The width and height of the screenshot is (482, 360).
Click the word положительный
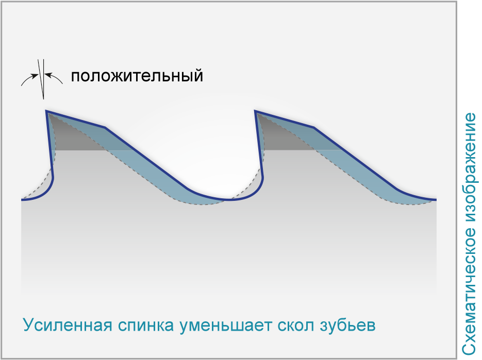click(137, 76)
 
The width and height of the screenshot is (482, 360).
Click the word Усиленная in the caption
click(68, 324)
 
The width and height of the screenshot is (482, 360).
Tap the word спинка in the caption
click(146, 325)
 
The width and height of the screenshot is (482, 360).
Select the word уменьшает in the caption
click(226, 325)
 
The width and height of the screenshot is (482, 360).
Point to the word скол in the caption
click(296, 325)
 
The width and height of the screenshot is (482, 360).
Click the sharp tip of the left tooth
click(46, 111)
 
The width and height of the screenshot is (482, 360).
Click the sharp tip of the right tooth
click(255, 111)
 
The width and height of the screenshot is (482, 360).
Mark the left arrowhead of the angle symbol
click(36, 75)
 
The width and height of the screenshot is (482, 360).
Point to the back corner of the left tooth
click(105, 127)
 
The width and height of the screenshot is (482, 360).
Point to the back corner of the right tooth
click(314, 127)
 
